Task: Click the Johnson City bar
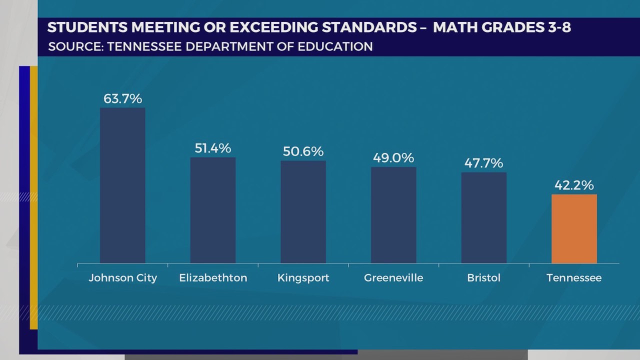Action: pyautogui.click(x=122, y=185)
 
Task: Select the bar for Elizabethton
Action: pyautogui.click(x=213, y=210)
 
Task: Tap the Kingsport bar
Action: pyautogui.click(x=303, y=212)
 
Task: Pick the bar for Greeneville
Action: pyautogui.click(x=393, y=215)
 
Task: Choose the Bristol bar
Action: pyautogui.click(x=483, y=218)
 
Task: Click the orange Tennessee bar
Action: pyautogui.click(x=574, y=229)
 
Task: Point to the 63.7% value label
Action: pyautogui.click(x=123, y=98)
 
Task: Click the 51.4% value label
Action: pyautogui.click(x=213, y=148)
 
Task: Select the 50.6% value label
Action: pyautogui.click(x=303, y=151)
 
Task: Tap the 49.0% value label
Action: pyautogui.click(x=393, y=158)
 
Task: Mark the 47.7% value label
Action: pyautogui.click(x=483, y=163)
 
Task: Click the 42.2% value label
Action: pyautogui.click(x=574, y=185)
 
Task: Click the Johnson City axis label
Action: pyautogui.click(x=123, y=278)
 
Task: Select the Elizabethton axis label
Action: pyautogui.click(x=213, y=278)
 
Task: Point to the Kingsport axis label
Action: pyautogui.click(x=303, y=278)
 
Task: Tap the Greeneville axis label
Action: pyautogui.click(x=393, y=278)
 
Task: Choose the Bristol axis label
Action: pyautogui.click(x=483, y=278)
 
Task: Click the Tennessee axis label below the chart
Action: pyautogui.click(x=574, y=278)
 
